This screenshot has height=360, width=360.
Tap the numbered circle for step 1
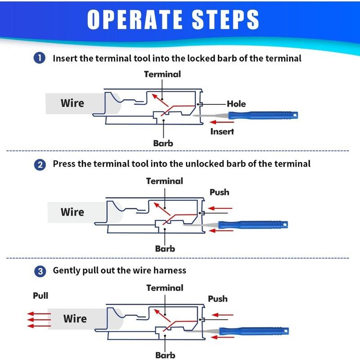pos(40,58)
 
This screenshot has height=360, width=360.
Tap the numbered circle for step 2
pos(40,164)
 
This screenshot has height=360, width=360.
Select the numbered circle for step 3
pos(40,271)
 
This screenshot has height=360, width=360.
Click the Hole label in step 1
pos(236,104)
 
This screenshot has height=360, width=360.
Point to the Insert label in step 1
pos(222,131)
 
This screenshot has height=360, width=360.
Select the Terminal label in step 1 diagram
pos(162,74)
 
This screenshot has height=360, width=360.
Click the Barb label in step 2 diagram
pos(165,248)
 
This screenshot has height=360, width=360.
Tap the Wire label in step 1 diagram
pos(72,103)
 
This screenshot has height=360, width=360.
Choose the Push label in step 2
pos(219,192)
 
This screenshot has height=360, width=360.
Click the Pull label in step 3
pos(40,296)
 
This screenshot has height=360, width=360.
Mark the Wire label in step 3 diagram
pos(75,319)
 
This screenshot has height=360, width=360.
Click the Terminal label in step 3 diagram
pos(165,288)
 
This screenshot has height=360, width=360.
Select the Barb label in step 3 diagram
pos(165,355)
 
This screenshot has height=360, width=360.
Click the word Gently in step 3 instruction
pos(67,271)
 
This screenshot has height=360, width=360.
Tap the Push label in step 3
pos(218,299)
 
